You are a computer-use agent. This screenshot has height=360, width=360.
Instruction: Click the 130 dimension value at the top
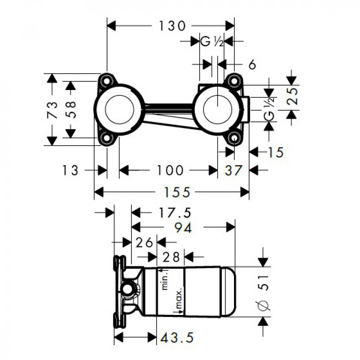pos(172,26)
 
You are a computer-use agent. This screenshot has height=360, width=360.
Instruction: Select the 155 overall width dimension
pos(177,192)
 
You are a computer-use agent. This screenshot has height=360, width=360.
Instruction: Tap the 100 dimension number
pos(170,171)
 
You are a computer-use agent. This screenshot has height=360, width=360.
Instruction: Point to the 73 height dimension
pos(52,110)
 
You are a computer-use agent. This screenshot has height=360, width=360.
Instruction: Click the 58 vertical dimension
pos(71,109)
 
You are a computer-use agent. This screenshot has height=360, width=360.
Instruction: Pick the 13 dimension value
pos(70,171)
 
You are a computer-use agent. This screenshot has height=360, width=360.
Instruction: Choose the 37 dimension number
pos(233,171)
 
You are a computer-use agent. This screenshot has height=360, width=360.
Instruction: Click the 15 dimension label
pos(276,152)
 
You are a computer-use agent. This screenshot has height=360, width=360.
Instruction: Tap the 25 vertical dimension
pos(293,96)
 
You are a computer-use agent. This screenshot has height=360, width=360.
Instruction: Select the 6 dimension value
pos(252,65)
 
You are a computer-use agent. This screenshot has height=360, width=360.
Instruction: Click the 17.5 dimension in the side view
pos(175,212)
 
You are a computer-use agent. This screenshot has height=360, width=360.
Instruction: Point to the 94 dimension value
pos(183,228)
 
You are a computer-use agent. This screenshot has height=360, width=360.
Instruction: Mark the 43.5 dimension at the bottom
pos(177,337)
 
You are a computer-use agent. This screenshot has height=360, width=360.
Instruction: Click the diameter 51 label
pos(264,292)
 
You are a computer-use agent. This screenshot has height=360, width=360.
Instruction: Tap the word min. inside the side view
pos(165,280)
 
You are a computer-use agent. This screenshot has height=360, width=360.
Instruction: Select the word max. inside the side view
pos(178,298)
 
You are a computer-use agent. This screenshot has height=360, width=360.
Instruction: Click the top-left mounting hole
pos(107,81)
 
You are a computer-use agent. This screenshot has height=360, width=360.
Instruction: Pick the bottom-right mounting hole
pos(234,139)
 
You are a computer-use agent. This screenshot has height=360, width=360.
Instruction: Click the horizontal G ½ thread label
pos(211,42)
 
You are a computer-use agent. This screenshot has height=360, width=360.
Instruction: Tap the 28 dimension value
pos(171,257)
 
